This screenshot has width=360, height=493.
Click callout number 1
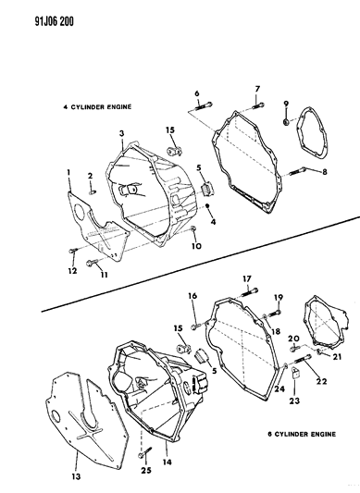point(68,173)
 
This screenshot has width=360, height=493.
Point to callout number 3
point(120,133)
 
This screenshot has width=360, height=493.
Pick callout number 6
point(196,92)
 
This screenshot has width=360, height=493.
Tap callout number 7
point(256,89)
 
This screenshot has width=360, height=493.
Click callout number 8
point(323,172)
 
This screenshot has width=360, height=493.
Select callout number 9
point(286,103)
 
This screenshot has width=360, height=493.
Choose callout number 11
point(103,276)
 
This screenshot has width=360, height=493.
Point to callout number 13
point(77,450)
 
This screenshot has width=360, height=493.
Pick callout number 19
point(277,296)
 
